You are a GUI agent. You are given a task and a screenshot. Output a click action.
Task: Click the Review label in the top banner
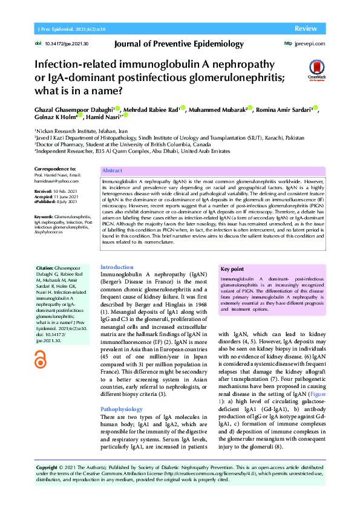point(306,29)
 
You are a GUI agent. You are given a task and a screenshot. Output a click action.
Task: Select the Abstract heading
point(113,171)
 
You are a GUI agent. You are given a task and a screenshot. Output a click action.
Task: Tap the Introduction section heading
point(116,267)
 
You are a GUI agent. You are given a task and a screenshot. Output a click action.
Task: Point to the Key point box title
point(233,269)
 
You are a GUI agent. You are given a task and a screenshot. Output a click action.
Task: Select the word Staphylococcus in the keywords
point(50,231)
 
